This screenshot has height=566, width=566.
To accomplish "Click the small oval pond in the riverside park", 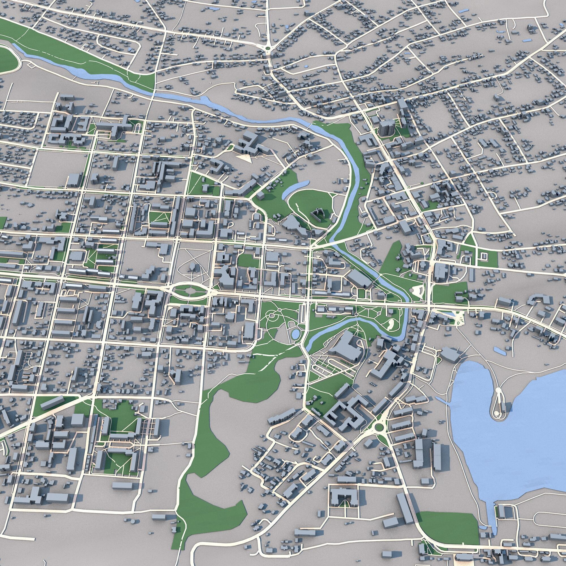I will [x=295, y=333].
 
